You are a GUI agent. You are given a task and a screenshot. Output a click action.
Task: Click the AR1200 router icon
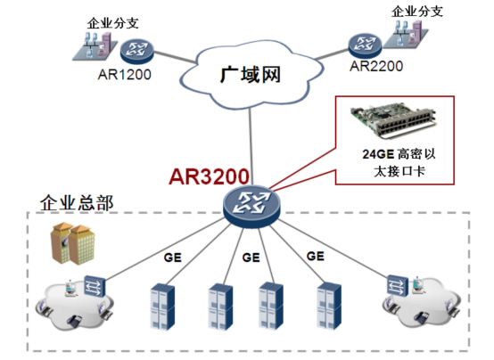point(136,52)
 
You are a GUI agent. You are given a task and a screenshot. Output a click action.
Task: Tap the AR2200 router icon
point(365,45)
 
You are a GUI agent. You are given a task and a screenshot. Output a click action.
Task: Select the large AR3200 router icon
point(251,207)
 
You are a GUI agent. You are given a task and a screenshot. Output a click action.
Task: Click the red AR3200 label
point(210,176)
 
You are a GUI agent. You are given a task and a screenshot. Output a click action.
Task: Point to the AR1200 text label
point(125,75)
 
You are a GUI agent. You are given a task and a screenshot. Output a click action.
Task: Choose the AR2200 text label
point(376,66)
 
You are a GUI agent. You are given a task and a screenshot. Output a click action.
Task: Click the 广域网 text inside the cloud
point(251,75)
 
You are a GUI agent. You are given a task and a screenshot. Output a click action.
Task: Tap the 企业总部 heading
point(77,203)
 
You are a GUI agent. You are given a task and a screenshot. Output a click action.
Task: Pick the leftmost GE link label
point(173,258)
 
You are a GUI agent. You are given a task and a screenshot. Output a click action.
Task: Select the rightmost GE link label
point(316,256)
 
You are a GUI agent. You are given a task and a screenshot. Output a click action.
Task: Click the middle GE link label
point(251,258)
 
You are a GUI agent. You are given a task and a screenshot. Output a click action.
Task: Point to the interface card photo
point(393,121)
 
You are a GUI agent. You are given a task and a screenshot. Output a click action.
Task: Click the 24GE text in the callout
point(378,154)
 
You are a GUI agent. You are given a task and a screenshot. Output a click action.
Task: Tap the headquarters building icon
point(73,243)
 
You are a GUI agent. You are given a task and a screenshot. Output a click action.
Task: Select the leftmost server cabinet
point(162,307)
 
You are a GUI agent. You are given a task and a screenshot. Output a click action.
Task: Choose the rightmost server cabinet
point(329,306)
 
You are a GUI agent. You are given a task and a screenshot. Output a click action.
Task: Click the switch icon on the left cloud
point(95,286)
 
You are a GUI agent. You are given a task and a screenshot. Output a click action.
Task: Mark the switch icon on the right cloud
point(398,285)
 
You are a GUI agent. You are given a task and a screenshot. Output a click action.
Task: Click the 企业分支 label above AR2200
point(417,12)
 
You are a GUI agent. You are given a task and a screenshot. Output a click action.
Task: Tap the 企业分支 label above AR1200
point(112,23)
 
